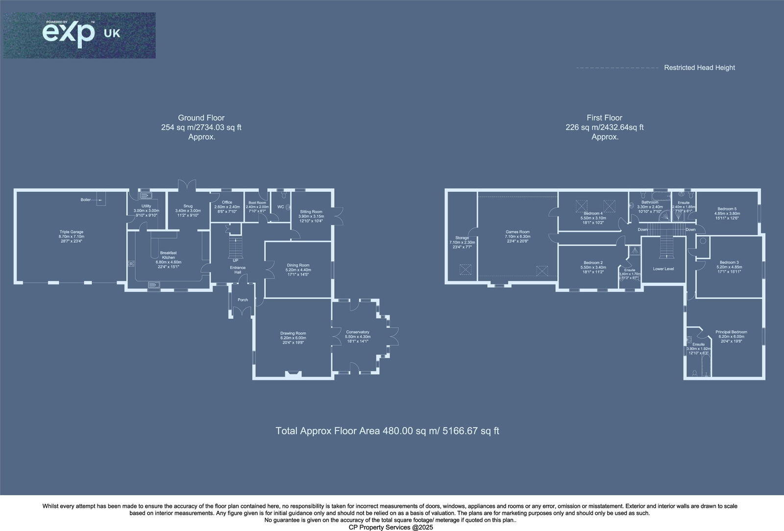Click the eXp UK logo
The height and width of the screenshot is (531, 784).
[79, 35]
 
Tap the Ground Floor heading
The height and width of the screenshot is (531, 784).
[201, 118]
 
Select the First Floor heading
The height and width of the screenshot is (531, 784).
[604, 118]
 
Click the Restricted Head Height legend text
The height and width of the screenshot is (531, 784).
[699, 68]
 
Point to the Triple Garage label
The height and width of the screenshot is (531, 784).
[71, 232]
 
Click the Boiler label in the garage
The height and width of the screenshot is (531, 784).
[86, 200]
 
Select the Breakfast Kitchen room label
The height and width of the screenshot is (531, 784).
[168, 255]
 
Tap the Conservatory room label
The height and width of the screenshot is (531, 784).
[357, 332]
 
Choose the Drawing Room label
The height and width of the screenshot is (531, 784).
[293, 333]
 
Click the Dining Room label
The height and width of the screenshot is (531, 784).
[298, 265]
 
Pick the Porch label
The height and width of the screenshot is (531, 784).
[243, 300]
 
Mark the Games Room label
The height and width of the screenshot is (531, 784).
[517, 232]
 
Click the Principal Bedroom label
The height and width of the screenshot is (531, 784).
[731, 332]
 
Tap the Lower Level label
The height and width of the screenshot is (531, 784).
[663, 269]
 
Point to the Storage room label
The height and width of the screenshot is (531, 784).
[462, 238]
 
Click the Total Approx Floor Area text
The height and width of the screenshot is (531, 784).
[387, 431]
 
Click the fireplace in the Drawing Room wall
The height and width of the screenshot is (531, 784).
[293, 375]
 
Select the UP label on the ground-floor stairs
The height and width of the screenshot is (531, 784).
[235, 260]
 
